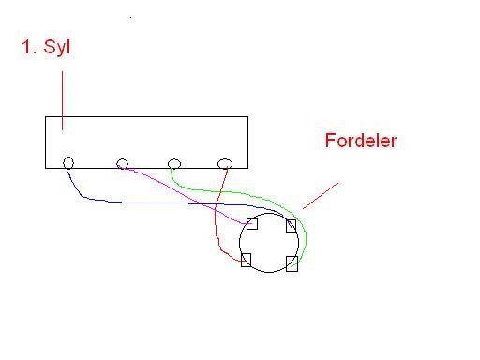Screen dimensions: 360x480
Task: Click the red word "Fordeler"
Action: tap(363, 142)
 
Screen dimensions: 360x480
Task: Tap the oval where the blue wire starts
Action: tap(68, 163)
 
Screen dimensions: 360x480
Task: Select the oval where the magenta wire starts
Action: tap(122, 164)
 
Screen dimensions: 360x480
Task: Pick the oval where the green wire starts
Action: tap(173, 165)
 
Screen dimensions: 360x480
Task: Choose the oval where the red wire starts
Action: tap(225, 165)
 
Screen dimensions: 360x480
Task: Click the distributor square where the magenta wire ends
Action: tap(251, 224)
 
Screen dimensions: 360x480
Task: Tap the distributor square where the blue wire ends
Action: tap(292, 225)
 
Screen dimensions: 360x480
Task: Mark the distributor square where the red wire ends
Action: tap(247, 259)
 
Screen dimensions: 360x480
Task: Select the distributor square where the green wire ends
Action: tap(292, 262)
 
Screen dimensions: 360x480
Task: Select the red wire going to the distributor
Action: tap(218, 225)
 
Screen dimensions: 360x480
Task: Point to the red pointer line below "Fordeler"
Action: tap(319, 194)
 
